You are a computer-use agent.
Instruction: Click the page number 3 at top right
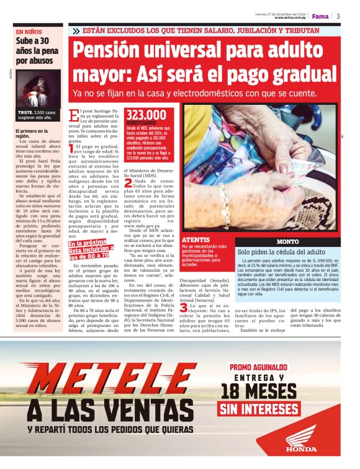pyautogui.click(x=338, y=16)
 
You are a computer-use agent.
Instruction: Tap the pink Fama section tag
pyautogui.click(x=320, y=16)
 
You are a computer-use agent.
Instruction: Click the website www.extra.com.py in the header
pyautogui.click(x=292, y=18)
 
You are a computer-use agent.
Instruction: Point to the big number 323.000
pyautogui.click(x=146, y=115)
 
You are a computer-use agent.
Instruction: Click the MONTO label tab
pyautogui.click(x=287, y=241)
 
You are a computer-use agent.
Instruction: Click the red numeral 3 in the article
pyautogui.click(x=184, y=307)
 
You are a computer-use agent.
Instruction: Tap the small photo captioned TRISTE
pyautogui.click(x=38, y=90)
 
